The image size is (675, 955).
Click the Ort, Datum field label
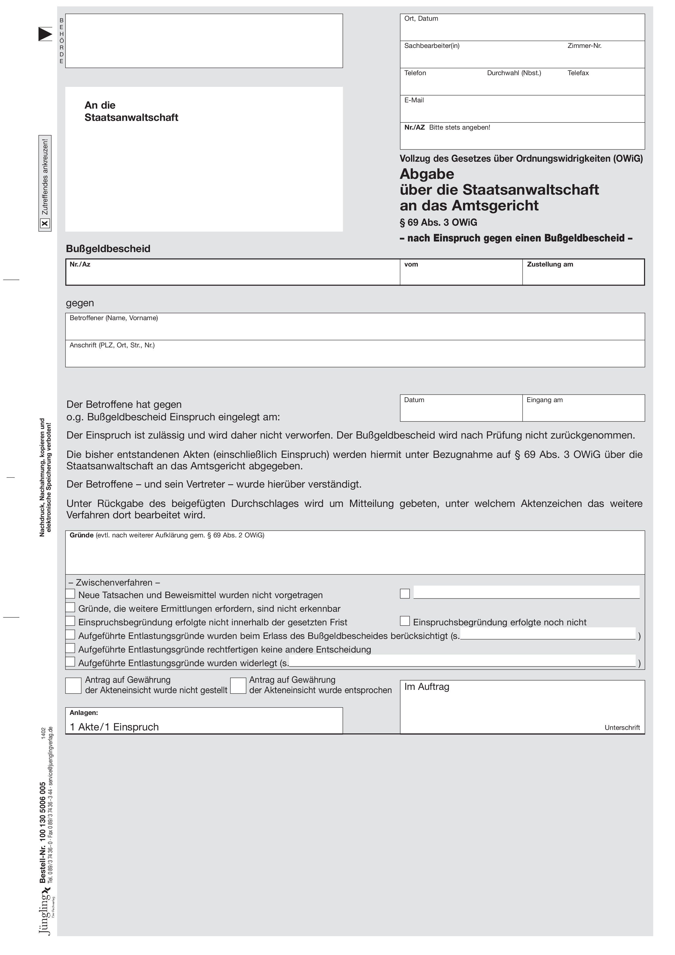coord(421,19)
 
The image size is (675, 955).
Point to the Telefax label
coord(578,73)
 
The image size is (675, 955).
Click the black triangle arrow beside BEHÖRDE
coord(45,34)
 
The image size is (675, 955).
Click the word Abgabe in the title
coord(427,174)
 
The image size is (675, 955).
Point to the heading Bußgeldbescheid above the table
coord(108,249)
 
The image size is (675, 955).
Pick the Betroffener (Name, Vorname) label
coord(113,318)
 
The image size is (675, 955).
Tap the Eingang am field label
coord(544,400)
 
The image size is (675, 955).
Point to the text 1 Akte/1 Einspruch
coord(114,727)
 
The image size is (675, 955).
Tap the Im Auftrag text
coord(427,687)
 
